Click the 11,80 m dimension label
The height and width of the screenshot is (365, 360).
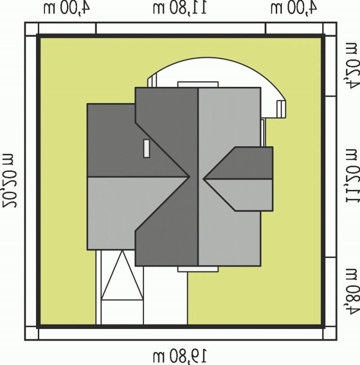[180, 8]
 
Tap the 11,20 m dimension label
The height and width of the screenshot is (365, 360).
[352, 176]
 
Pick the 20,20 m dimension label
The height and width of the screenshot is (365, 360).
[9, 180]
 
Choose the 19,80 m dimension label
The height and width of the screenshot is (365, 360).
[180, 356]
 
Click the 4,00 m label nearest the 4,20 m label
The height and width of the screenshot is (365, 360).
[294, 8]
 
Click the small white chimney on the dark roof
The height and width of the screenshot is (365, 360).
[146, 149]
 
